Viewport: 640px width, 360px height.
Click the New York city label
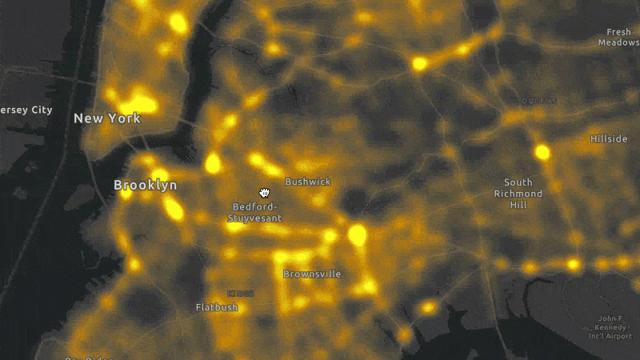(x=107, y=118)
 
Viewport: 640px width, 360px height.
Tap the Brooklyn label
(x=146, y=185)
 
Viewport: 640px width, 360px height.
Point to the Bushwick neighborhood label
(x=307, y=182)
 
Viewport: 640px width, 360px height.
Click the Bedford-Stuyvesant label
(x=256, y=212)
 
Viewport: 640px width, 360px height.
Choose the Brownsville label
(x=312, y=274)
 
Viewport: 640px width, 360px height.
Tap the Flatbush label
(x=217, y=307)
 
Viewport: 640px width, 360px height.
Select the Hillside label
(x=609, y=138)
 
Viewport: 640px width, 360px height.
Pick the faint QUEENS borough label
(x=538, y=101)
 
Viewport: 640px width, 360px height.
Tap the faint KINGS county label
(x=240, y=293)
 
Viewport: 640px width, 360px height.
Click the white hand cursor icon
(x=264, y=192)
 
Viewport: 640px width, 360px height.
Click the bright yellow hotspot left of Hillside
(x=542, y=151)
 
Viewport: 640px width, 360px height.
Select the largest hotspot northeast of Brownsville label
(x=357, y=234)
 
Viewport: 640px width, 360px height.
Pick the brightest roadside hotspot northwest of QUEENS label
(x=419, y=63)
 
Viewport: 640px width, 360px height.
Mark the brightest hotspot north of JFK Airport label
(x=573, y=264)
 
